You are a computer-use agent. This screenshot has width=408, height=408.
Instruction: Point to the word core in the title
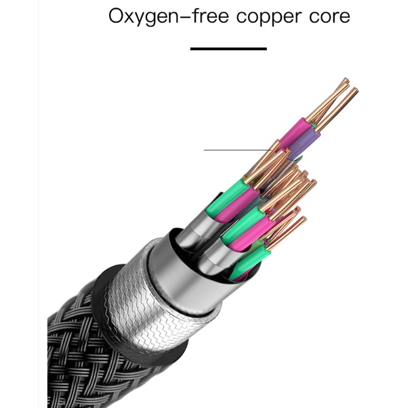[x=329, y=16]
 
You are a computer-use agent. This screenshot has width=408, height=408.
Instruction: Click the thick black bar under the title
[x=228, y=49]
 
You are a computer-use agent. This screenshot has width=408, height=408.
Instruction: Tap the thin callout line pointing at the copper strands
[x=238, y=150]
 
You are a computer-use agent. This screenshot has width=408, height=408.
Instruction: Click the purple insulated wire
[x=304, y=144]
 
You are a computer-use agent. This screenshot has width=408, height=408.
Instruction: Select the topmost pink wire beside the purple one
[x=295, y=134]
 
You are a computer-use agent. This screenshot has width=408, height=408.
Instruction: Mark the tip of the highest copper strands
[x=346, y=79]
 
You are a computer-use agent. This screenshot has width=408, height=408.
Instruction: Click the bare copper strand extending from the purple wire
[x=338, y=108]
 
